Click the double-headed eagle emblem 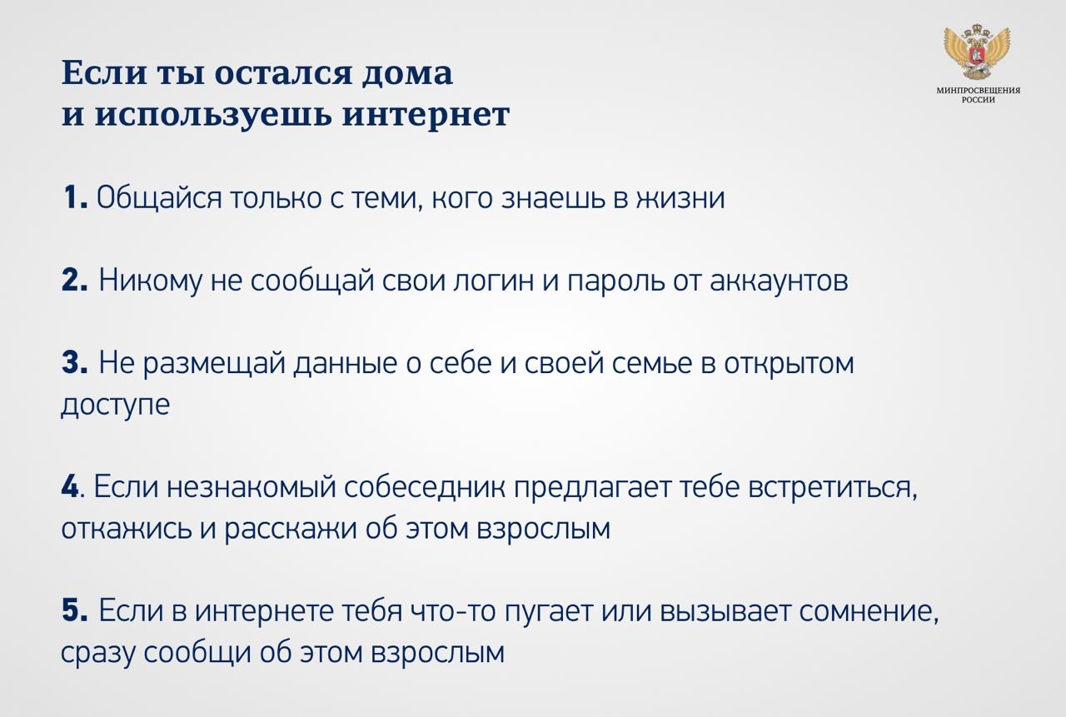pyautogui.click(x=977, y=52)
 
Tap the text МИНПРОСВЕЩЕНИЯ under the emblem pyautogui.click(x=978, y=90)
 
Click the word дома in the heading pyautogui.click(x=407, y=74)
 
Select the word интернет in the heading pyautogui.click(x=426, y=115)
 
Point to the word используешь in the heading pyautogui.click(x=212, y=116)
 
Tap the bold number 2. pyautogui.click(x=74, y=280)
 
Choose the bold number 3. pyautogui.click(x=74, y=362)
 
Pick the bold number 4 pyautogui.click(x=70, y=486)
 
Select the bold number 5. pyautogui.click(x=74, y=610)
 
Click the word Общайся pyautogui.click(x=159, y=198)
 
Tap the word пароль pyautogui.click(x=615, y=281)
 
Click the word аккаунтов pyautogui.click(x=779, y=281)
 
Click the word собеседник pyautogui.click(x=425, y=486)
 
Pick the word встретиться pyautogui.click(x=833, y=488)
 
